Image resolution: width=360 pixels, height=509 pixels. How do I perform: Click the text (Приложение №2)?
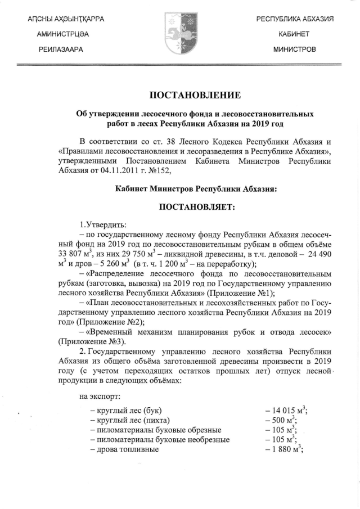click(x=107, y=322)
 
